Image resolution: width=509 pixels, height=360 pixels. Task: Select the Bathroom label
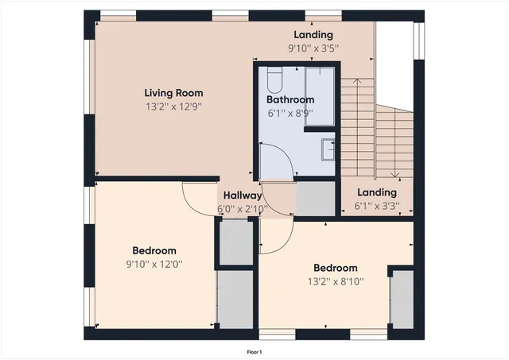pyautogui.click(x=289, y=100)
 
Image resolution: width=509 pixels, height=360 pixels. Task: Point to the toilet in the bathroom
pyautogui.click(x=274, y=80)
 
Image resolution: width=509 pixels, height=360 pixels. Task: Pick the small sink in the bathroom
pyautogui.click(x=328, y=147)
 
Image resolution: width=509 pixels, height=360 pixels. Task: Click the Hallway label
pyautogui.click(x=242, y=195)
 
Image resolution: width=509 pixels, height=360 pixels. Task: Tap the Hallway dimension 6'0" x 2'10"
pyautogui.click(x=242, y=210)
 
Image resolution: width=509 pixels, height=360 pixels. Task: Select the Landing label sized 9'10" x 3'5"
pyautogui.click(x=313, y=35)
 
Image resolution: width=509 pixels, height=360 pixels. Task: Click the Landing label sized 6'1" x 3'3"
pyautogui.click(x=377, y=193)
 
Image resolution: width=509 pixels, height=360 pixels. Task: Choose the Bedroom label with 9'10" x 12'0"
pyautogui.click(x=154, y=250)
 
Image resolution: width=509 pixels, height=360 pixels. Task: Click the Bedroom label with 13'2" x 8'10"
pyautogui.click(x=335, y=268)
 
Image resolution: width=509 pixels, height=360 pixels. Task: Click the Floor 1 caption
pyautogui.click(x=254, y=351)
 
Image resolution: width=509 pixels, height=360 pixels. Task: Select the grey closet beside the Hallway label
pyautogui.click(x=315, y=199)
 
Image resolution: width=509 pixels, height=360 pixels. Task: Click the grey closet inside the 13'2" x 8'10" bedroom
pyautogui.click(x=402, y=299)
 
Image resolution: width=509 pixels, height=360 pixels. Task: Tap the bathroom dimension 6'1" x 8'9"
pyautogui.click(x=289, y=114)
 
